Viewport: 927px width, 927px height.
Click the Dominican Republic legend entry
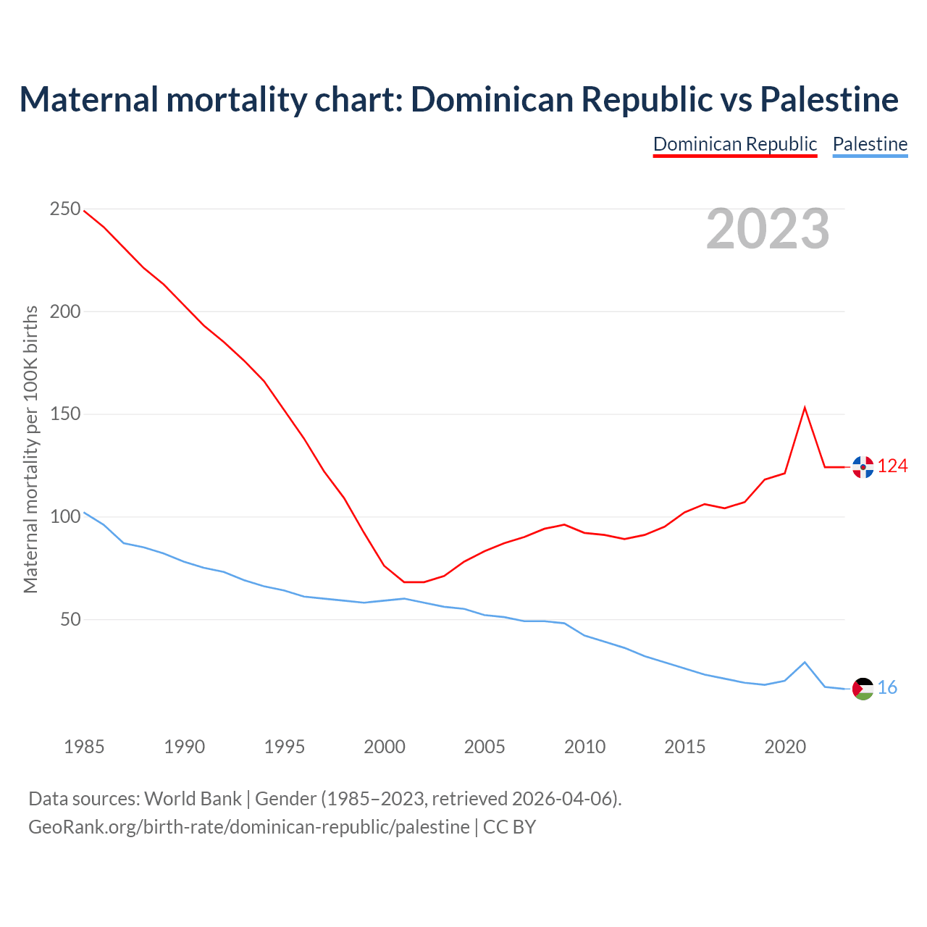point(735,144)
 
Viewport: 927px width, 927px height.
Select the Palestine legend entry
point(870,144)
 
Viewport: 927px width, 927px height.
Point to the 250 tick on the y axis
point(65,209)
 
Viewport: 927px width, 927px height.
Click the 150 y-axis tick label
point(65,414)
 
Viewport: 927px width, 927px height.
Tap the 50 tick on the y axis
point(70,619)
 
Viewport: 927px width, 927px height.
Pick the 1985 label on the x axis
point(84,747)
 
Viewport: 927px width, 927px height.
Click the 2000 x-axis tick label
point(385,747)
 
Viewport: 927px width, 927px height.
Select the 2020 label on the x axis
point(785,747)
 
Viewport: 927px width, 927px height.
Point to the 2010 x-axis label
point(584,747)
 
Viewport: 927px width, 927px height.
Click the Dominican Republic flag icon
point(863,467)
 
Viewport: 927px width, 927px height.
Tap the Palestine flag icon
point(863,689)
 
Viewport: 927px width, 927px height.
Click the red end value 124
point(892,466)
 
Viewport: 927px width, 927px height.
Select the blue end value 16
point(887,688)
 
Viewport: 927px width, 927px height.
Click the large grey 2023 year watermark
point(768,229)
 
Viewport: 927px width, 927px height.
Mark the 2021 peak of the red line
point(805,408)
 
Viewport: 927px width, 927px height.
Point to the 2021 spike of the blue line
point(805,662)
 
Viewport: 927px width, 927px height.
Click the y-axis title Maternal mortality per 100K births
point(30,449)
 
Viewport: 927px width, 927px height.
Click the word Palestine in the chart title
point(829,99)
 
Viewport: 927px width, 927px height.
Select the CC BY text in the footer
point(509,827)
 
